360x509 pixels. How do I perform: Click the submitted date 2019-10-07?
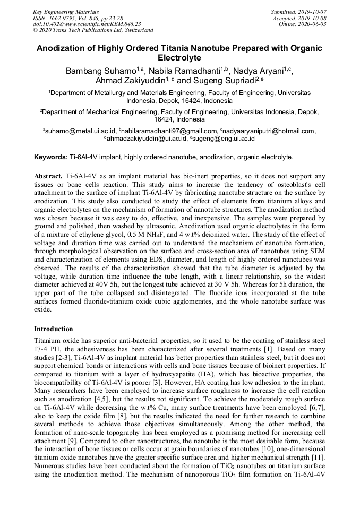tap(313, 11)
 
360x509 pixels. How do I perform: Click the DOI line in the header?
tap(87, 24)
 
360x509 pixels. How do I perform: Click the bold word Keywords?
tap(50, 157)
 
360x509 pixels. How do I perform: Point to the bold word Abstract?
tap(49, 175)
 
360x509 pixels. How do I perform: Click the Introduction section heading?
tap(54, 329)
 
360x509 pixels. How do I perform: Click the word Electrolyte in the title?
tap(180, 58)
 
